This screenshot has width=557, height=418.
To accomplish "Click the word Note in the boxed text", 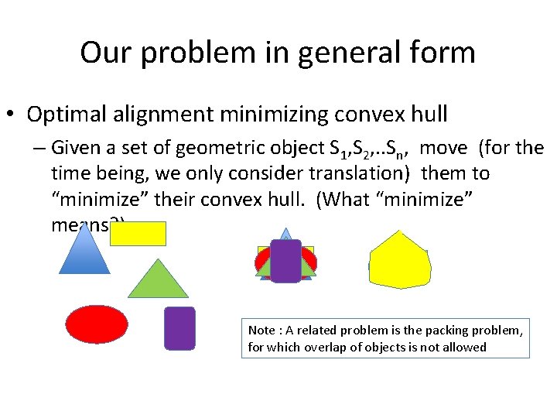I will (261, 331).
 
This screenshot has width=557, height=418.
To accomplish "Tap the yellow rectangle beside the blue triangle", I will (138, 233).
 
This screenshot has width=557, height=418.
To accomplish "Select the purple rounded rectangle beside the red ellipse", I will (179, 328).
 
